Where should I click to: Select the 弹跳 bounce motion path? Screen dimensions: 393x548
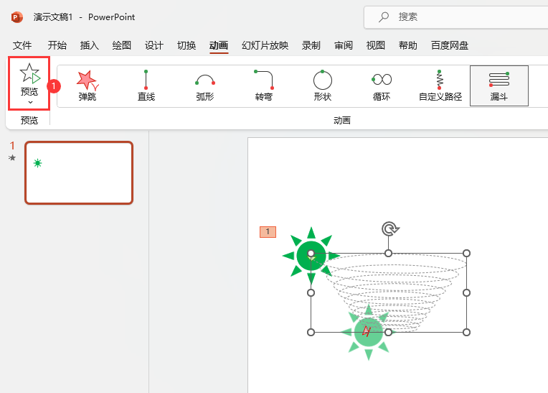point(87,85)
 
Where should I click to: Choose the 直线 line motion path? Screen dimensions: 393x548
point(146,85)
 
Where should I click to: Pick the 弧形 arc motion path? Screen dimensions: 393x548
point(205,85)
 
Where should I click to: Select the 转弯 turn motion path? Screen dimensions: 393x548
point(264,85)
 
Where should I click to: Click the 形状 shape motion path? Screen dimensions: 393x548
point(323,85)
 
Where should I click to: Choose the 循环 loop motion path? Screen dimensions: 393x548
point(382,85)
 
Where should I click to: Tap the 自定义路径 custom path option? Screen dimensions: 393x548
point(440,85)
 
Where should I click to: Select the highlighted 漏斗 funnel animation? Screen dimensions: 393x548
point(499,85)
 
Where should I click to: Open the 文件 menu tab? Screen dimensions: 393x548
point(22,45)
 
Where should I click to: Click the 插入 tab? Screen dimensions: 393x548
point(90,45)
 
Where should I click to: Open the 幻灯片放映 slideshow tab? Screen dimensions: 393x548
point(265,45)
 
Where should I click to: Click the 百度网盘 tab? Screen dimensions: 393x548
point(450,45)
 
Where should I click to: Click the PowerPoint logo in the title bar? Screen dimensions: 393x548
point(17,17)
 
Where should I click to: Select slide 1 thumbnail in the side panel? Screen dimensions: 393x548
point(79,172)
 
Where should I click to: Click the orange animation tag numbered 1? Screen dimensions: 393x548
point(268,231)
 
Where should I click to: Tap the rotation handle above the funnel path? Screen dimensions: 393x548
point(389,228)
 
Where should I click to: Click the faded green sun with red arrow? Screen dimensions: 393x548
point(368,331)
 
